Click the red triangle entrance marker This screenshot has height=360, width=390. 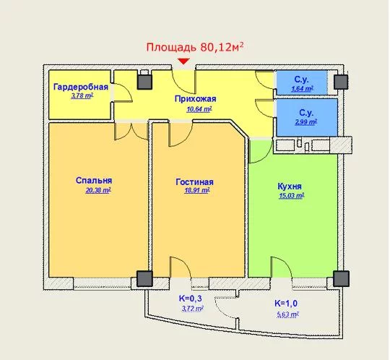[x=183, y=61]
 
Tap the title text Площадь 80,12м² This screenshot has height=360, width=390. [x=195, y=47]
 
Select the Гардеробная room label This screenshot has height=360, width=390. [x=81, y=87]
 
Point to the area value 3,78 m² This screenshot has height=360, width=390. [x=82, y=96]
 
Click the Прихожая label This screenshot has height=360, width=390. [x=195, y=99]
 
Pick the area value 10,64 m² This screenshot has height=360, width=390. [x=199, y=109]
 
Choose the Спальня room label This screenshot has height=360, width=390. [x=94, y=180]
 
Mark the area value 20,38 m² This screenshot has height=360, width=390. [x=98, y=190]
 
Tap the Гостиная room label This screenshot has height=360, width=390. [x=194, y=182]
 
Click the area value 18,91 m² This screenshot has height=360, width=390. [x=197, y=191]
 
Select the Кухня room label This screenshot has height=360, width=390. [x=290, y=187]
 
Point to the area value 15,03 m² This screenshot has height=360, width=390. [x=292, y=196]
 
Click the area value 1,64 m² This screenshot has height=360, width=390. [x=302, y=88]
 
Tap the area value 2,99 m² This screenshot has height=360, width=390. [x=306, y=122]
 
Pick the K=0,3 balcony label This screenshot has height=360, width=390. [x=190, y=299]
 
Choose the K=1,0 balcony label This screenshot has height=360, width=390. [x=286, y=304]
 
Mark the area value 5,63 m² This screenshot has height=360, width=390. [x=287, y=314]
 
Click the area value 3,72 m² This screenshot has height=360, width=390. [x=193, y=309]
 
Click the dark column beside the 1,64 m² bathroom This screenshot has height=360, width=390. [x=340, y=82]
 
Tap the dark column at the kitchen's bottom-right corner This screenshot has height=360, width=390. [x=341, y=278]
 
